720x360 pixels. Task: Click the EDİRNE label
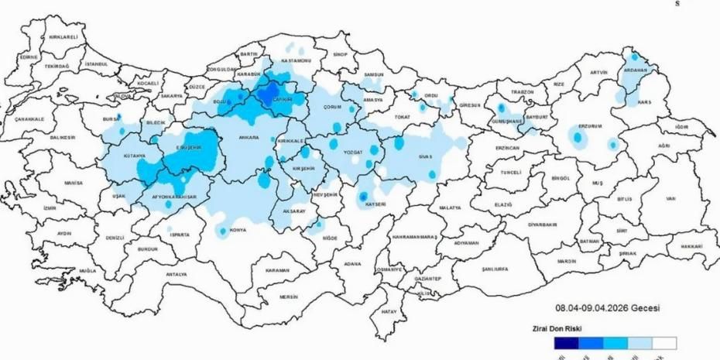(x=29, y=57)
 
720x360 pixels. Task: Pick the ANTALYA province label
(x=177, y=274)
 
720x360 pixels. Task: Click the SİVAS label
(x=429, y=156)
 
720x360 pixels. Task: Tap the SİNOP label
(x=341, y=55)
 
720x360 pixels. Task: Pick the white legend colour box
(x=664, y=342)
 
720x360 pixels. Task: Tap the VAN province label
(x=670, y=198)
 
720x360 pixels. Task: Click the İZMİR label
(x=50, y=208)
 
